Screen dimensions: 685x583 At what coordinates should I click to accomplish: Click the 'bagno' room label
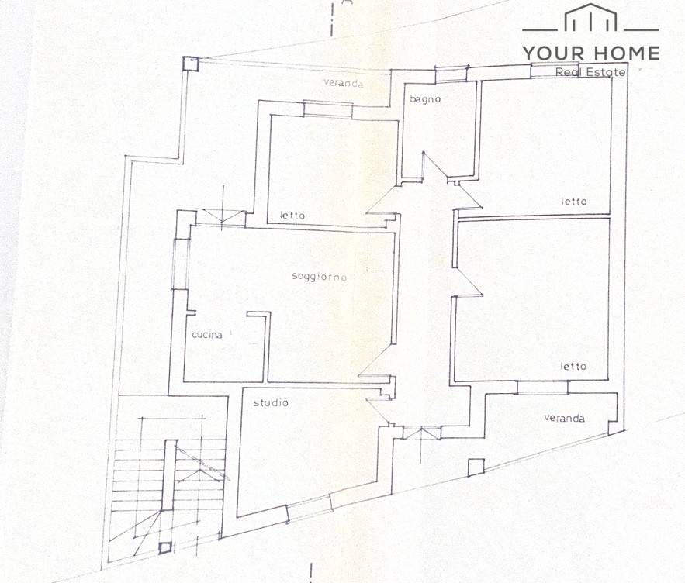[425, 99]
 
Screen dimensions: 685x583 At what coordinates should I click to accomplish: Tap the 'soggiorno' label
[320, 277]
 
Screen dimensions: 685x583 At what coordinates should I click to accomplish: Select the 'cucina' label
[207, 335]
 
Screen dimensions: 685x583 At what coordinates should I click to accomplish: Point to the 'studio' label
[271, 402]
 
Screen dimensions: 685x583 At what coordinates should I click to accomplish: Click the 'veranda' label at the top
[344, 82]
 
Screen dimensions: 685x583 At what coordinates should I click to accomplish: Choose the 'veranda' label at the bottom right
[565, 418]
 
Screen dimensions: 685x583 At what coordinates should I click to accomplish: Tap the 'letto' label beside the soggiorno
[292, 216]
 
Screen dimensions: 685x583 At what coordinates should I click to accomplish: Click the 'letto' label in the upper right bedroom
[574, 202]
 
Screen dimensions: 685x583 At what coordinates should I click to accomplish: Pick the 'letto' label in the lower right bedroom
[573, 367]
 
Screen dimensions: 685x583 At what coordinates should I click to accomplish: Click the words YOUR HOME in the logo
[591, 53]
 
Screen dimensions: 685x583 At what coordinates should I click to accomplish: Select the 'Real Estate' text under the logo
[590, 72]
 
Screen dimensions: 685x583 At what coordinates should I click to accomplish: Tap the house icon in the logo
[590, 18]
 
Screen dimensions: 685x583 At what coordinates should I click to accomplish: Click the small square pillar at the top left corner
[191, 64]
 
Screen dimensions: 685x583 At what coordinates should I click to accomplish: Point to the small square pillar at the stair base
[165, 547]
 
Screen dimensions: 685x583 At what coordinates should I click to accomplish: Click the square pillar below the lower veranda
[476, 467]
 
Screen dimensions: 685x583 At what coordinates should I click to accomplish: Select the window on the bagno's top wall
[451, 74]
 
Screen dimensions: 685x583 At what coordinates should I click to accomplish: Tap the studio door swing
[379, 410]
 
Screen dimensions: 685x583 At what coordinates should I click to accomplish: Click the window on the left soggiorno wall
[182, 264]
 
